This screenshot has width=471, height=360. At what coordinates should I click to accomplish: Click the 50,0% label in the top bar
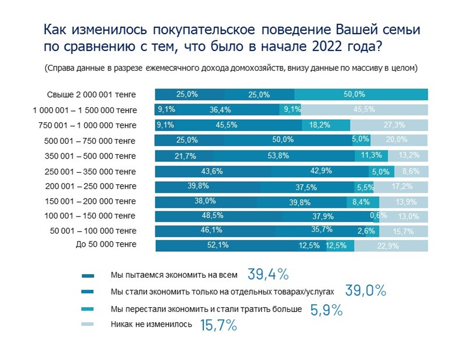354,94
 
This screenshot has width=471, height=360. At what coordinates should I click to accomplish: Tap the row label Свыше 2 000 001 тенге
91,95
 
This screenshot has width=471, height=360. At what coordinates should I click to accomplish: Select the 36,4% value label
220,110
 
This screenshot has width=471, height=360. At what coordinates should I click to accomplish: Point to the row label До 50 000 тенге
106,244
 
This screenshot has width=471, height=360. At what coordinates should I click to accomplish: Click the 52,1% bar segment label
218,245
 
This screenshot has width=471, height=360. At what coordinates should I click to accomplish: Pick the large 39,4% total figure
268,274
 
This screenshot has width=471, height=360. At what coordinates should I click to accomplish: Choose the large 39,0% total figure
366,290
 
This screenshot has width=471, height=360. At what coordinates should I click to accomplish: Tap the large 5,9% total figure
326,310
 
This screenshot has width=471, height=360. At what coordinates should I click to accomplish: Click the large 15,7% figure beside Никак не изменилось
218,325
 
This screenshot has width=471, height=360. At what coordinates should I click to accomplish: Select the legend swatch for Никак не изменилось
87,324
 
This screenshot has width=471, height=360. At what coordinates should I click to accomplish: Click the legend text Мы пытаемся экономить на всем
174,275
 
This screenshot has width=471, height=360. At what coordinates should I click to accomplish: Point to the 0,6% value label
378,216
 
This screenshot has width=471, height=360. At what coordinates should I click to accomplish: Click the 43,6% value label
212,171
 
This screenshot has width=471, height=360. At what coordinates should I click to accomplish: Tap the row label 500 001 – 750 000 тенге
90,141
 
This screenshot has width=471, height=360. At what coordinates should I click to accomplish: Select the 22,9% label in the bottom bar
388,246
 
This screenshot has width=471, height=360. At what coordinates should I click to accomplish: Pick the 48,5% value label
212,215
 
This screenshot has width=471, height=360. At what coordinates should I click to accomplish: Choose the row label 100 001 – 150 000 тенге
90,216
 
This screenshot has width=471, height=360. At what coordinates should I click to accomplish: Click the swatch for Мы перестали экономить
87,309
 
